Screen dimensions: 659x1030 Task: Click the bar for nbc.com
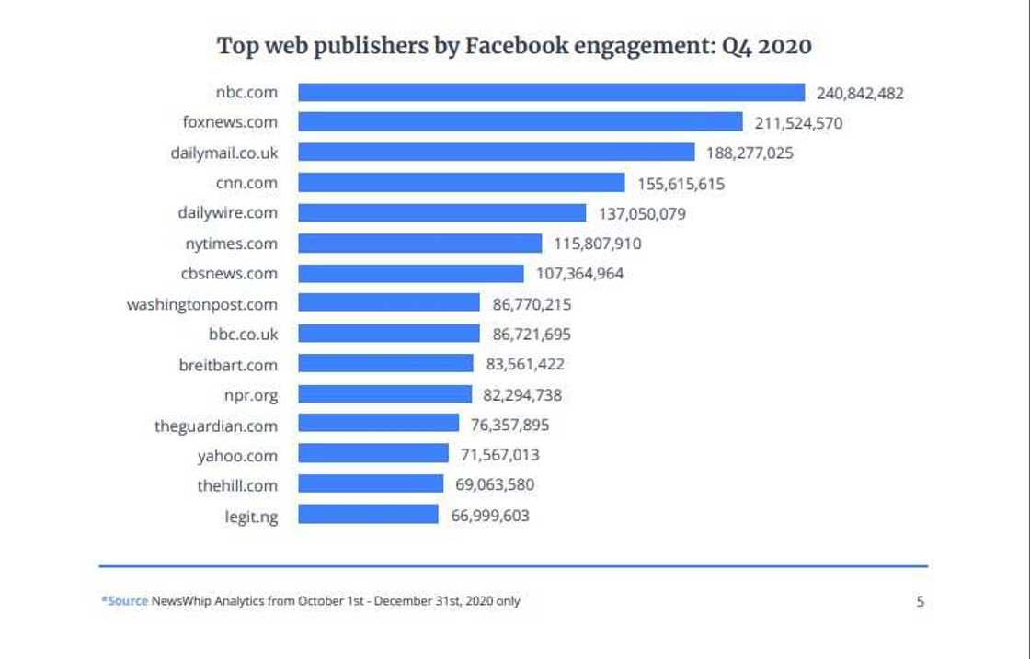[552, 93]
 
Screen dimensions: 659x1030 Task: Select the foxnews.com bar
[520, 122]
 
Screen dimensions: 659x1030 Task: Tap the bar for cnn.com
[462, 183]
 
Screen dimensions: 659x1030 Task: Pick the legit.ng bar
[368, 515]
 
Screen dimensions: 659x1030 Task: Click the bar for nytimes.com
[420, 244]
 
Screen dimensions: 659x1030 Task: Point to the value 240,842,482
[860, 93]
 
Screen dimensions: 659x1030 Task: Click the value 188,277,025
[750, 153]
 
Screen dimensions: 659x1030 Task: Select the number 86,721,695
[532, 335]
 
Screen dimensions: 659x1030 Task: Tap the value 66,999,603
[490, 516]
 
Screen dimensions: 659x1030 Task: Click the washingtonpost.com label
[202, 304]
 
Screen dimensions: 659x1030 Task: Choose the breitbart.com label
[228, 365]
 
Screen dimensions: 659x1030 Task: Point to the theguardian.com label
[216, 426]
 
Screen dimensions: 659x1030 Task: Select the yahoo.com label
[237, 456]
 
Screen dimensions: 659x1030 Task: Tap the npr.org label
[251, 395]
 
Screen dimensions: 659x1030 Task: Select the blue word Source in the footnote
[127, 601]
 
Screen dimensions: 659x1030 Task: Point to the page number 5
[920, 602]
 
